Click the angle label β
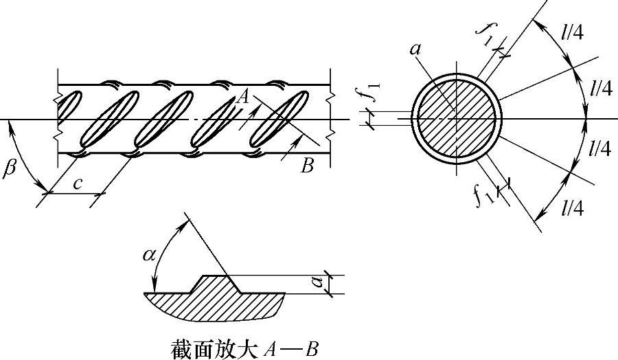pyautogui.click(x=9, y=169)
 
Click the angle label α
pyautogui.click(x=149, y=256)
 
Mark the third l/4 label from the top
pyautogui.click(x=602, y=148)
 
